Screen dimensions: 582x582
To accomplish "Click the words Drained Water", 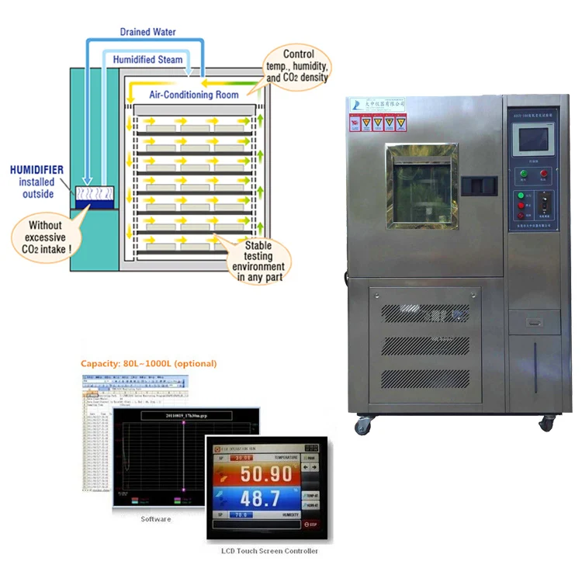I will point(147,33).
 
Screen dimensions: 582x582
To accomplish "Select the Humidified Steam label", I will point(147,59).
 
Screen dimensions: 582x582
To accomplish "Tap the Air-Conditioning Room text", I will point(194,94).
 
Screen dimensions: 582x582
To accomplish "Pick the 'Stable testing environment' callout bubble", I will point(262,260).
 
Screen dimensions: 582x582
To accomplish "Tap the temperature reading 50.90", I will point(265,474).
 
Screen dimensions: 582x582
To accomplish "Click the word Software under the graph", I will point(155,519).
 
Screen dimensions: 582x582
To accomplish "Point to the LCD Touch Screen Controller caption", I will point(264,551).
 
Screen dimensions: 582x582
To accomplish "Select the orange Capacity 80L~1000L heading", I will point(149,363).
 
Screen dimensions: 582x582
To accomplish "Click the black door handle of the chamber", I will point(479,185).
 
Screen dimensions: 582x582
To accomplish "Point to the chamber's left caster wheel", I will point(362,424).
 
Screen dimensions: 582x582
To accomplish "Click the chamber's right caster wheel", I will point(546,423).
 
